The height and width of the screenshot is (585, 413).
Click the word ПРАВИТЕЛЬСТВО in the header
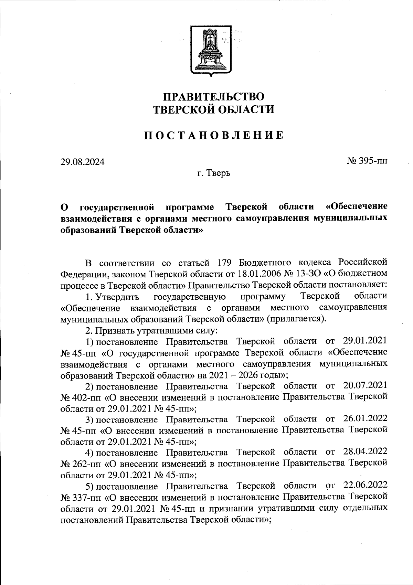coord(213,96)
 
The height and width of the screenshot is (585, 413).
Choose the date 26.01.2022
coord(366,419)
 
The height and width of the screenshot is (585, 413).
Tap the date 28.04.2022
coord(366,452)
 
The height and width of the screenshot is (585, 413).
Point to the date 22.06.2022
coord(366,486)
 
